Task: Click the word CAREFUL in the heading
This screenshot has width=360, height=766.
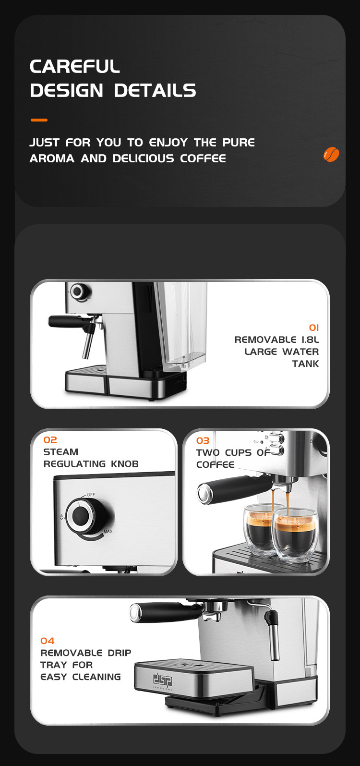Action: (x=74, y=66)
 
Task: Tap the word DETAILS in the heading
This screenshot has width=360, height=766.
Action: (x=155, y=90)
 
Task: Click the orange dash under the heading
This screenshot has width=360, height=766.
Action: (x=39, y=120)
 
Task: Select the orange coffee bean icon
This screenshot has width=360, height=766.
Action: (x=331, y=154)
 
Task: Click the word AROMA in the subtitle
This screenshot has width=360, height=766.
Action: (x=52, y=158)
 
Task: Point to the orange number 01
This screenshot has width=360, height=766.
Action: (x=314, y=328)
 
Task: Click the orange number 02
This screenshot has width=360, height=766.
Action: (x=50, y=440)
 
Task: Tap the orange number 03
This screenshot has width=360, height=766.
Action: (x=203, y=440)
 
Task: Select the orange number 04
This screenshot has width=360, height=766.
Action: (x=48, y=641)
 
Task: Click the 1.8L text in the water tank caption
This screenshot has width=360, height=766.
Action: (x=310, y=340)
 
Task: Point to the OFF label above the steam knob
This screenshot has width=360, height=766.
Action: (x=91, y=495)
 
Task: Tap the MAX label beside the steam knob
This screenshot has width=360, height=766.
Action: (x=108, y=531)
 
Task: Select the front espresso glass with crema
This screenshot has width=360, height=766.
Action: (x=295, y=535)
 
